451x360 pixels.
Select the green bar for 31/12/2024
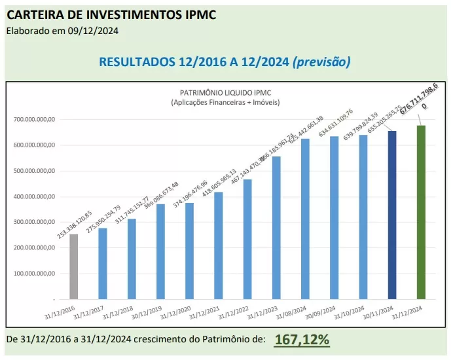coord(422,212)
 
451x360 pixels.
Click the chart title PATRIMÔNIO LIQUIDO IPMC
coord(225,94)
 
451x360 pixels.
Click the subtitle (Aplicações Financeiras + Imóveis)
coord(225,103)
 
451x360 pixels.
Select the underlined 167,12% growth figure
coord(302,339)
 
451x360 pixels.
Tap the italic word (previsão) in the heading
coord(322,62)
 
